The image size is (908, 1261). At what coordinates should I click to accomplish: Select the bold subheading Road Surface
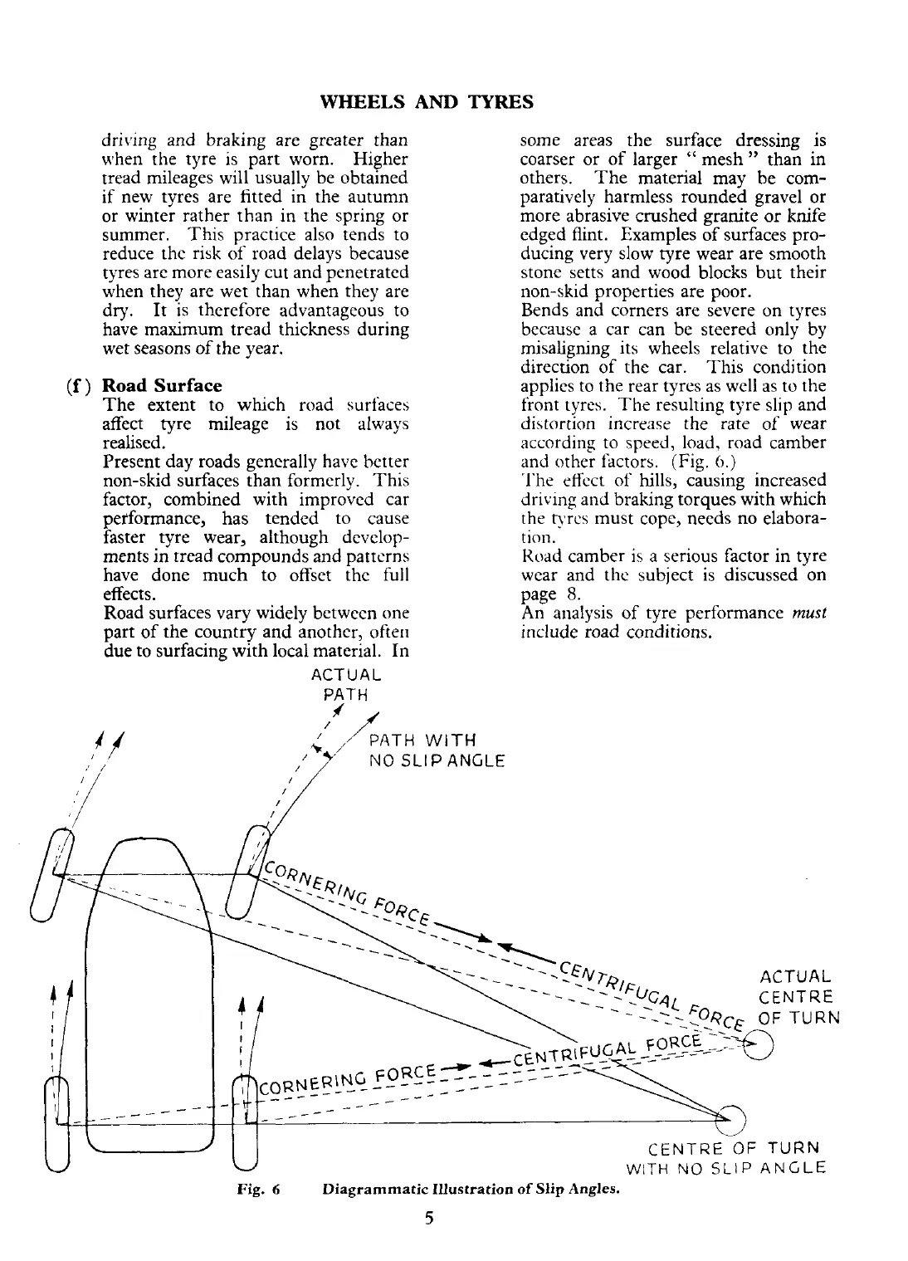point(162,386)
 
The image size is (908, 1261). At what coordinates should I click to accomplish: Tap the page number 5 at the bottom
point(429,1219)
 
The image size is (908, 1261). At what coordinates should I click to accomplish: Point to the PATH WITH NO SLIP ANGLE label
point(436,750)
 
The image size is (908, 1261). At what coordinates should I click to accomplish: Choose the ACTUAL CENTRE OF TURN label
point(799,997)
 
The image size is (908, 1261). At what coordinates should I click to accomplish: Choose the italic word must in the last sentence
point(809,613)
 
